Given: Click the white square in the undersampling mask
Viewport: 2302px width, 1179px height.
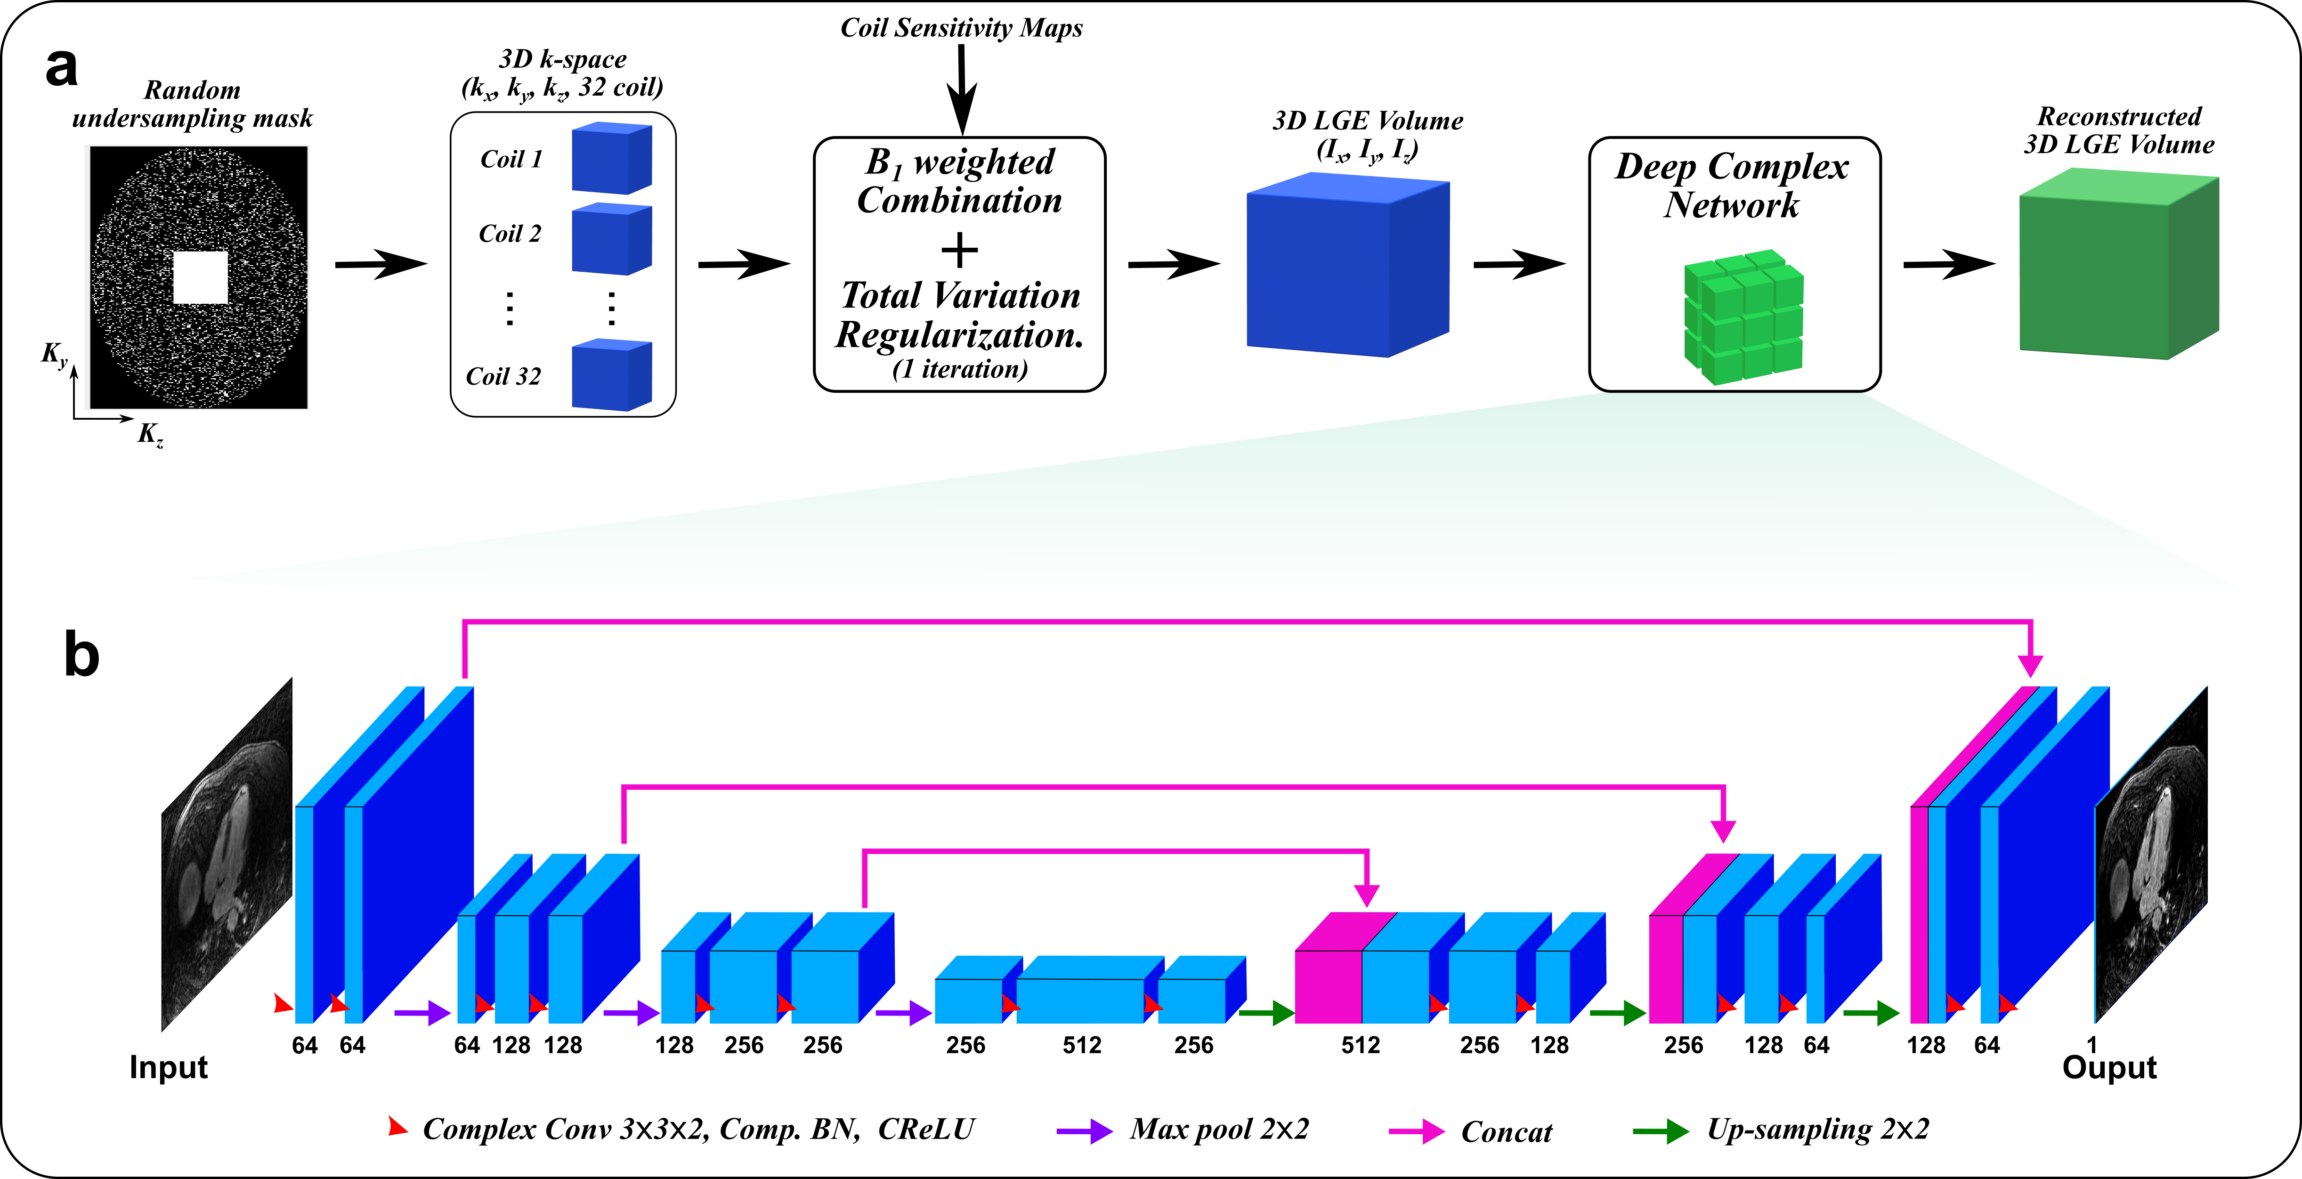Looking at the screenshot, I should click(200, 277).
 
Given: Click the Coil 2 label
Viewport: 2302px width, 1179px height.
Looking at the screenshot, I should click(510, 234).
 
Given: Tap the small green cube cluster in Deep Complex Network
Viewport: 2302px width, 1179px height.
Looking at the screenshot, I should click(1743, 317).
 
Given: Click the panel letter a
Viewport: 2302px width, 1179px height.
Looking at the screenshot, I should click(61, 67).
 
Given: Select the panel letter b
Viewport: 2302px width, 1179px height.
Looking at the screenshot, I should click(81, 655).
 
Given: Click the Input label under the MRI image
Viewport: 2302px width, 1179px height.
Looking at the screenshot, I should click(168, 1067).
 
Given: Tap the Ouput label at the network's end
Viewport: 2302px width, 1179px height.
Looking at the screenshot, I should click(2109, 1067).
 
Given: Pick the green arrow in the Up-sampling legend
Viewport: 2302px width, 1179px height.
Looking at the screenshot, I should click(1660, 1131).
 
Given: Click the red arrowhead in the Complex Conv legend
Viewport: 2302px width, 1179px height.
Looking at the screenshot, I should click(397, 1127).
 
